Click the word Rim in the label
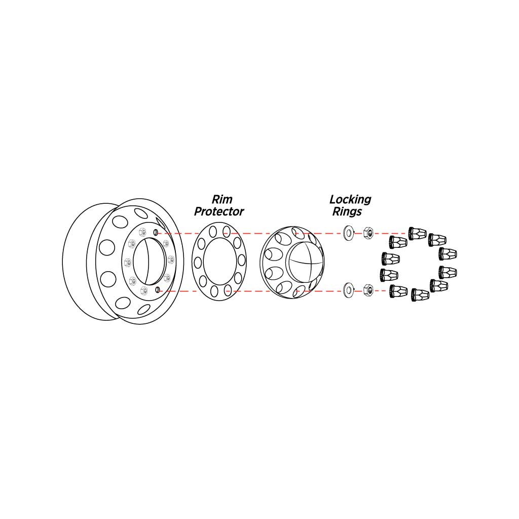[x=221, y=199]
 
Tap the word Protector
[x=219, y=211]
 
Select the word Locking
[x=350, y=199]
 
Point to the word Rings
[x=347, y=211]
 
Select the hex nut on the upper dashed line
[x=368, y=233]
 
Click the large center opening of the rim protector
[x=219, y=261]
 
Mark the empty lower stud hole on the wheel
[x=157, y=289]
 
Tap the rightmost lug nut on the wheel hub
[x=170, y=260]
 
